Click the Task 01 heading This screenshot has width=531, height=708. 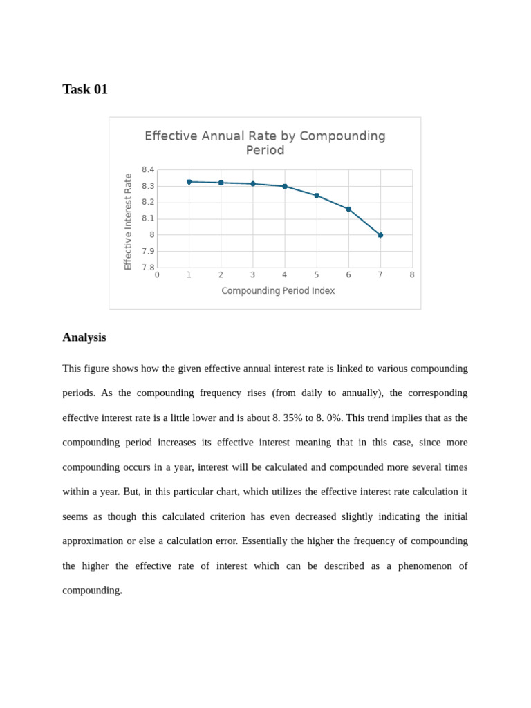pyautogui.click(x=85, y=89)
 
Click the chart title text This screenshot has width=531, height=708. pyautogui.click(x=265, y=143)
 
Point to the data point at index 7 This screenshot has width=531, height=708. pyautogui.click(x=380, y=235)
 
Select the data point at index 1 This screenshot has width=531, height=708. pyautogui.click(x=189, y=182)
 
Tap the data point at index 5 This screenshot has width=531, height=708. pyautogui.click(x=317, y=196)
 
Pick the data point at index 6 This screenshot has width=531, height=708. pyautogui.click(x=348, y=209)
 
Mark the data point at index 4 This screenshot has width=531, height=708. pyautogui.click(x=285, y=186)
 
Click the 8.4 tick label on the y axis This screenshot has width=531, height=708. pyautogui.click(x=148, y=170)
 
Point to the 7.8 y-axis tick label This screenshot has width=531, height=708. pyautogui.click(x=148, y=268)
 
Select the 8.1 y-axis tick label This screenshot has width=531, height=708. pyautogui.click(x=148, y=218)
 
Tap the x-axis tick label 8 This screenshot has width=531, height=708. pyautogui.click(x=412, y=275)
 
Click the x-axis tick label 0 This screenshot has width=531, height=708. pyautogui.click(x=157, y=275)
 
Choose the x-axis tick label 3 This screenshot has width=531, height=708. pyautogui.click(x=253, y=275)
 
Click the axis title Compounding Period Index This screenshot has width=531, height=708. pyautogui.click(x=278, y=291)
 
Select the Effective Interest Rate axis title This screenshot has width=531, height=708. pyautogui.click(x=128, y=221)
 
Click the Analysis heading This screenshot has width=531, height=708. pyautogui.click(x=84, y=337)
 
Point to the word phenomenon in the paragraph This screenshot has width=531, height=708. pyautogui.click(x=423, y=566)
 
